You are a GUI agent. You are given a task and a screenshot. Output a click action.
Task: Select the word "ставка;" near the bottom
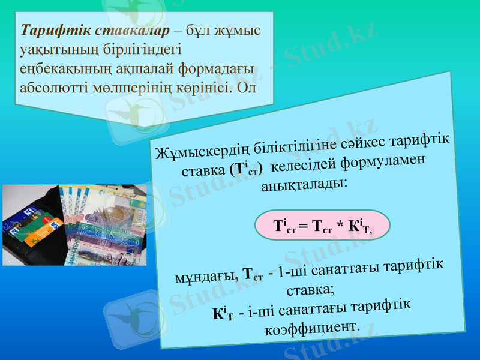(x=308, y=292)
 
